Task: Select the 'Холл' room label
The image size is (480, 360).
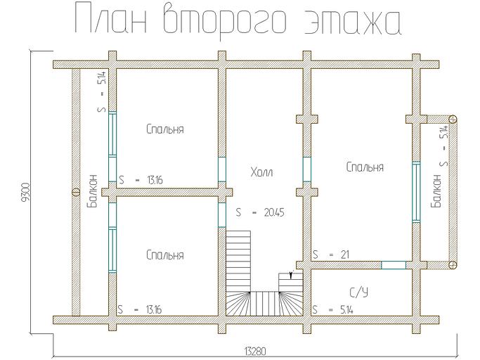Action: pyautogui.click(x=261, y=172)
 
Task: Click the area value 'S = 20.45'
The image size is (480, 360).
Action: pyautogui.click(x=261, y=211)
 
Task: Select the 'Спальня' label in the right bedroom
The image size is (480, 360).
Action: pyautogui.click(x=365, y=167)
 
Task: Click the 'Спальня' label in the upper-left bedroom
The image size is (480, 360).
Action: pyautogui.click(x=165, y=129)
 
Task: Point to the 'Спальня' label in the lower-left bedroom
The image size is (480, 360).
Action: pyautogui.click(x=165, y=255)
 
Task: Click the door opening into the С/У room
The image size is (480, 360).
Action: pyautogui.click(x=394, y=265)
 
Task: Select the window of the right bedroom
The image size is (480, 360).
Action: pyautogui.click(x=416, y=191)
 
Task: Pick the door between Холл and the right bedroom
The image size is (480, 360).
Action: pyautogui.click(x=307, y=169)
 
